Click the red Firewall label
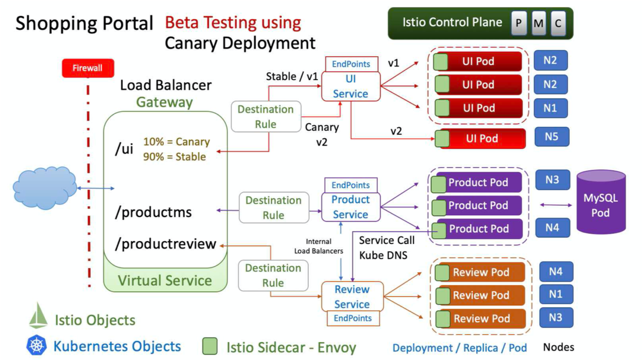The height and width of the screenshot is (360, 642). point(87,68)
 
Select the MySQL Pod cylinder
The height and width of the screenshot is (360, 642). point(600,202)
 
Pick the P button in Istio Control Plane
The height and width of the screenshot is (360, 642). point(519,24)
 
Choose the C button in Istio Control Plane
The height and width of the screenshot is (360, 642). point(557,24)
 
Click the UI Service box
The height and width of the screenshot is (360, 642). point(351,87)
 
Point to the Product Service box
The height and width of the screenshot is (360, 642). point(351,207)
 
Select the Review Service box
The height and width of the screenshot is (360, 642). point(352,296)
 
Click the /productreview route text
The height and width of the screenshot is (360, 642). point(166,243)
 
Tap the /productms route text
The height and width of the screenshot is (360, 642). point(153,212)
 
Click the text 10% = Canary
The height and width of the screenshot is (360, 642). point(176,142)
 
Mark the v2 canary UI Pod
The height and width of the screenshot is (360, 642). point(481,139)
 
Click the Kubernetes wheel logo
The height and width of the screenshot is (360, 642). point(36,345)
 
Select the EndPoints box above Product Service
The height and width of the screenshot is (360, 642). point(351,185)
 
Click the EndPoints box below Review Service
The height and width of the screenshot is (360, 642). point(353,318)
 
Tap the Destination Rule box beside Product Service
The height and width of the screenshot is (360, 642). point(273,207)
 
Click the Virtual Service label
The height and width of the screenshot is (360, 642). point(165,281)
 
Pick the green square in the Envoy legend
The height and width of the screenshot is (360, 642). point(210,346)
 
